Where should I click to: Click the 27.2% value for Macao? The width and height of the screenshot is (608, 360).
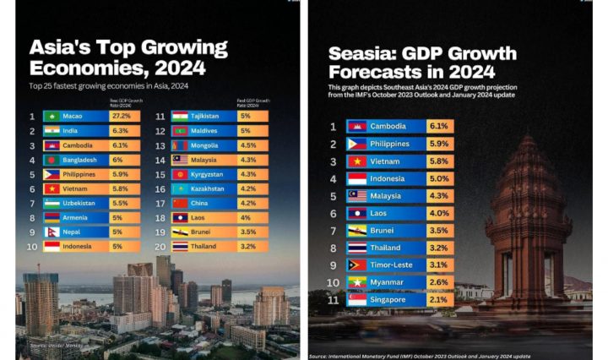point(120,116)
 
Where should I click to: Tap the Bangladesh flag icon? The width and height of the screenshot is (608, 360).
point(52,160)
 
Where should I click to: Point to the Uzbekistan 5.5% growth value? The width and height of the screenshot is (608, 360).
point(120,204)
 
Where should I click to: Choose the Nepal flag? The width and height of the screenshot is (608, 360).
point(52,232)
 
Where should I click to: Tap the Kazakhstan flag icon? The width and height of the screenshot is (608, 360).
point(180,188)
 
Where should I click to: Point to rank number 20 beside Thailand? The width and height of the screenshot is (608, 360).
point(159,247)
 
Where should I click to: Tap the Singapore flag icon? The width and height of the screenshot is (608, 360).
point(357,300)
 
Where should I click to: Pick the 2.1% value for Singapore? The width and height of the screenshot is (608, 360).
point(438,300)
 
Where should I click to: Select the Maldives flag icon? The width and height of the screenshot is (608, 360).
point(180,131)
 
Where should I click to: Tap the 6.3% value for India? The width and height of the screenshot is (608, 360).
point(120,131)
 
